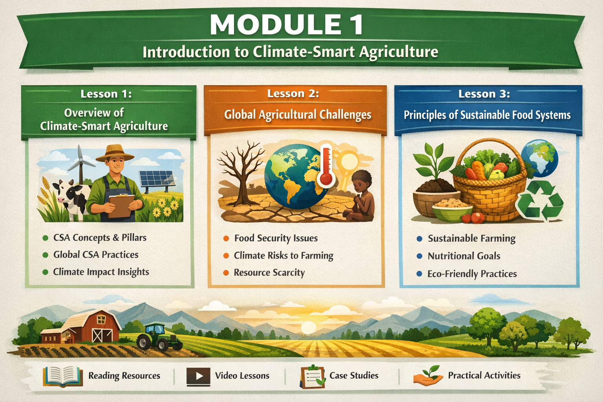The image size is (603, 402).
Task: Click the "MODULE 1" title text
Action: tap(287, 25)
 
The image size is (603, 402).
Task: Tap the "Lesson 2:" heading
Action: tap(293, 93)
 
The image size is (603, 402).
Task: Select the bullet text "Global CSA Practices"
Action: tap(96, 255)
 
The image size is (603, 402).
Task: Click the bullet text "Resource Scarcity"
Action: tap(269, 272)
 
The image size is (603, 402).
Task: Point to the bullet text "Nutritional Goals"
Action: tap(464, 256)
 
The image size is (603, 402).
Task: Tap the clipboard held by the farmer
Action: tap(121, 205)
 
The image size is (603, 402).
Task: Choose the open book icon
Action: tap(63, 376)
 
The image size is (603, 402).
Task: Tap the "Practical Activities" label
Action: tap(484, 375)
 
